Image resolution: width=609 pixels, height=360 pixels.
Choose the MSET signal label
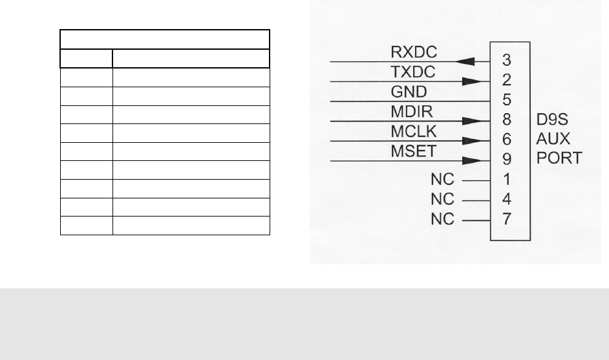click(412, 152)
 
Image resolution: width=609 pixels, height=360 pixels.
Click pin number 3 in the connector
click(507, 61)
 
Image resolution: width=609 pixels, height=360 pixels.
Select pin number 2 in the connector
click(507, 81)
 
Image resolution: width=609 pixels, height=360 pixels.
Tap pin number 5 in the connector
click(507, 101)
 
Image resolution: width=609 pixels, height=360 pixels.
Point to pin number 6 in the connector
click(507, 140)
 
